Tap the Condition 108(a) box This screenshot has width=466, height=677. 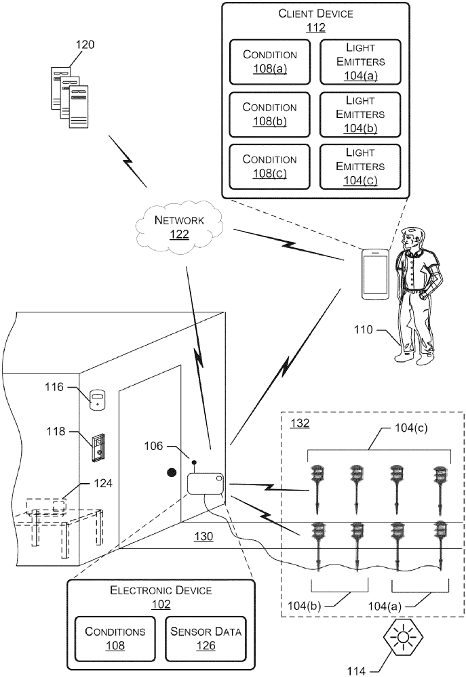270,62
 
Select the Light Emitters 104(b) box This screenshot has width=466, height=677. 360,115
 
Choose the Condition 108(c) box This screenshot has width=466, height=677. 270,167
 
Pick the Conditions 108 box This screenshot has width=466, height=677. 115,638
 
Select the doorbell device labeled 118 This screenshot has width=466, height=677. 99,445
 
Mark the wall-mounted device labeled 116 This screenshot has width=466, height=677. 98,398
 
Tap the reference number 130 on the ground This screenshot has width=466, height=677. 204,536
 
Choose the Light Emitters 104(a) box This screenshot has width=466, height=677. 360,62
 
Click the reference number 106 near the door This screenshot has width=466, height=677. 153,445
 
